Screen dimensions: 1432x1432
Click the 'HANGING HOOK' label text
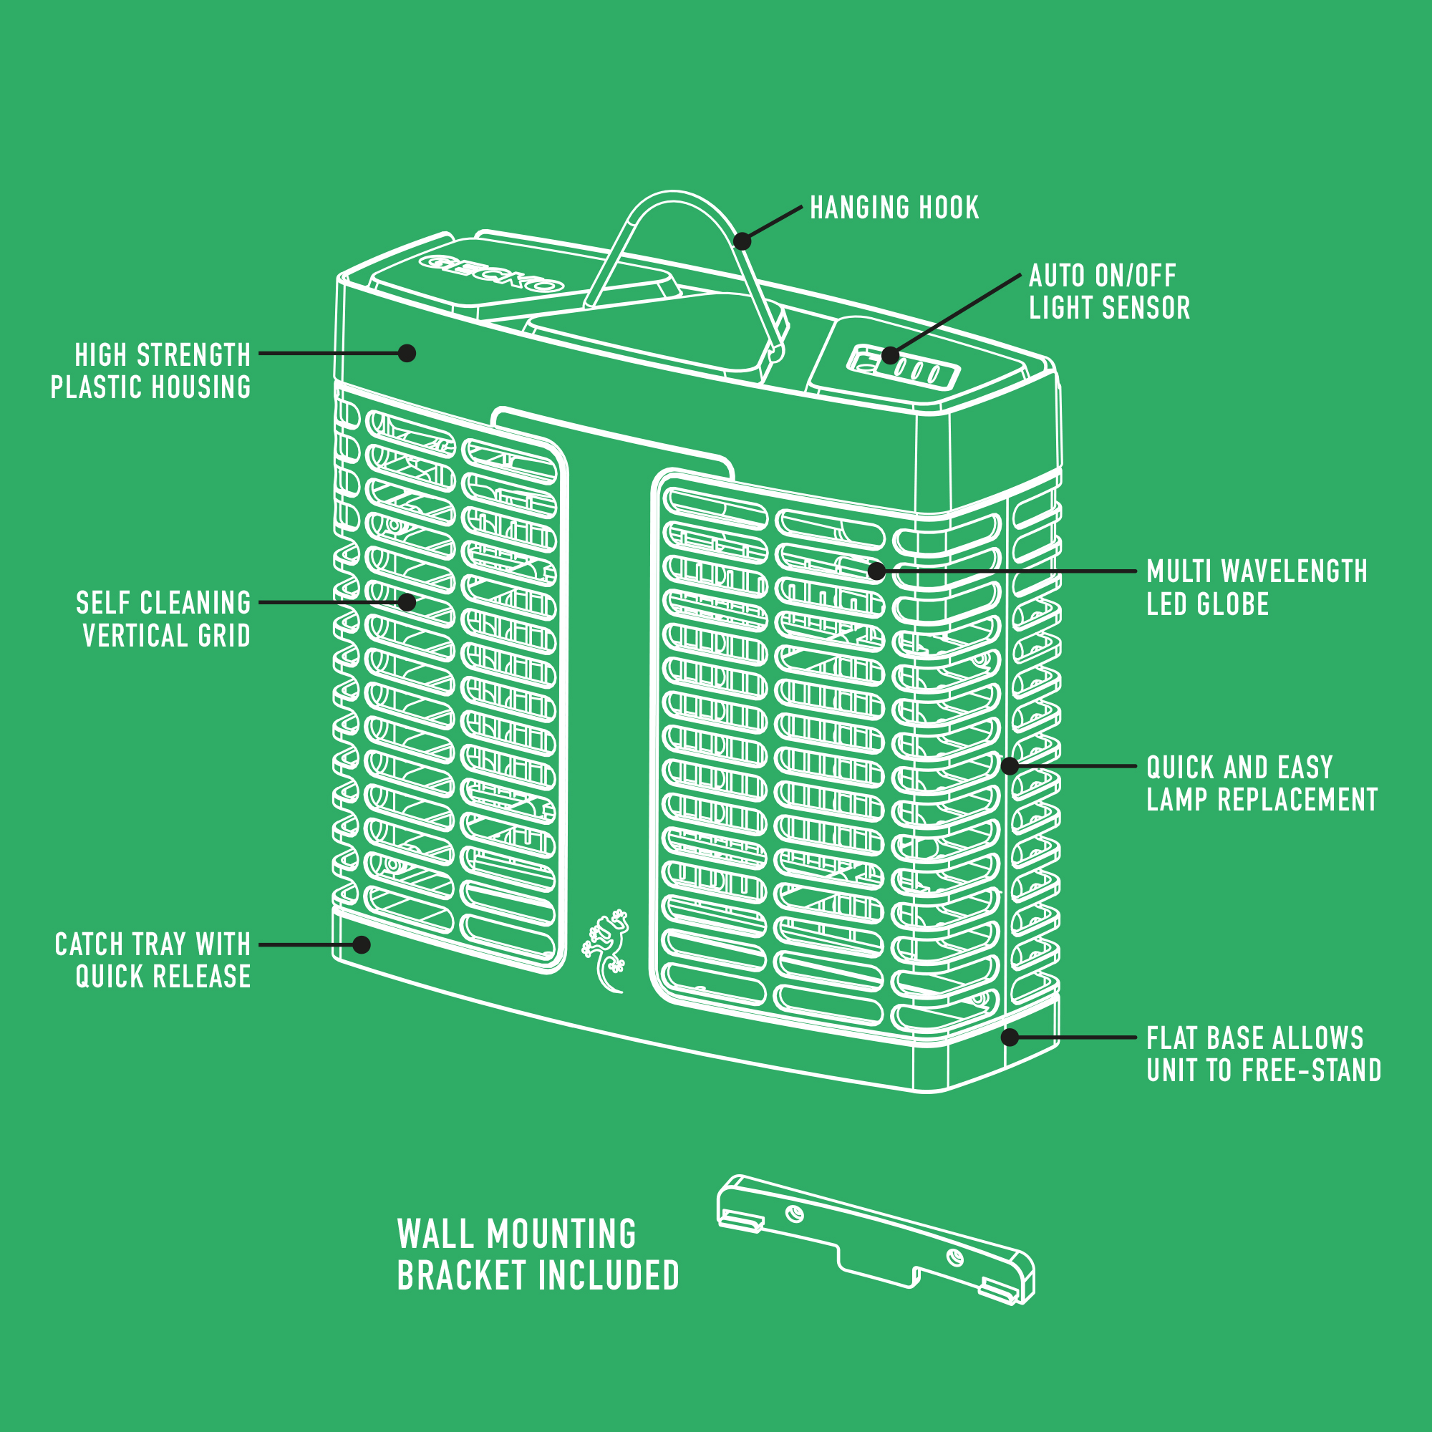coord(894,208)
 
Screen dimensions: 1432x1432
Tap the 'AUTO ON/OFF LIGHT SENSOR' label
coord(1109,291)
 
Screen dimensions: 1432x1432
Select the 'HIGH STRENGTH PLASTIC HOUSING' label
coord(150,371)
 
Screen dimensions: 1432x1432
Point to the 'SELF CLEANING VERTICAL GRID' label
coord(163,619)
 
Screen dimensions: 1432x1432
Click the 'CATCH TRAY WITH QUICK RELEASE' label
coord(153,960)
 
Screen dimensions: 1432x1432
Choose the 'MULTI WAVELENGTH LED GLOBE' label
coord(1257,588)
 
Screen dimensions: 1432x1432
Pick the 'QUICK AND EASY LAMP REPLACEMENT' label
coord(1262,783)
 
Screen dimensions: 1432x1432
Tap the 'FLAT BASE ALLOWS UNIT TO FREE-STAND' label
coord(1264,1054)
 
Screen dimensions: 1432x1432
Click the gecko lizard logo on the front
coord(606,949)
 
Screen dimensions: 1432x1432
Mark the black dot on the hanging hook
coord(742,241)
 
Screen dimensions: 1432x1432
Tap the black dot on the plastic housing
coord(407,353)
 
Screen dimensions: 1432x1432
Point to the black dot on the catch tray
coord(362,944)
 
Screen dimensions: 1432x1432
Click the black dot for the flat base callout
coord(1010,1037)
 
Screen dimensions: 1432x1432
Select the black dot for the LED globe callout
coord(877,571)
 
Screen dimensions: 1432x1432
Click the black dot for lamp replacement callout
coord(1010,765)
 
